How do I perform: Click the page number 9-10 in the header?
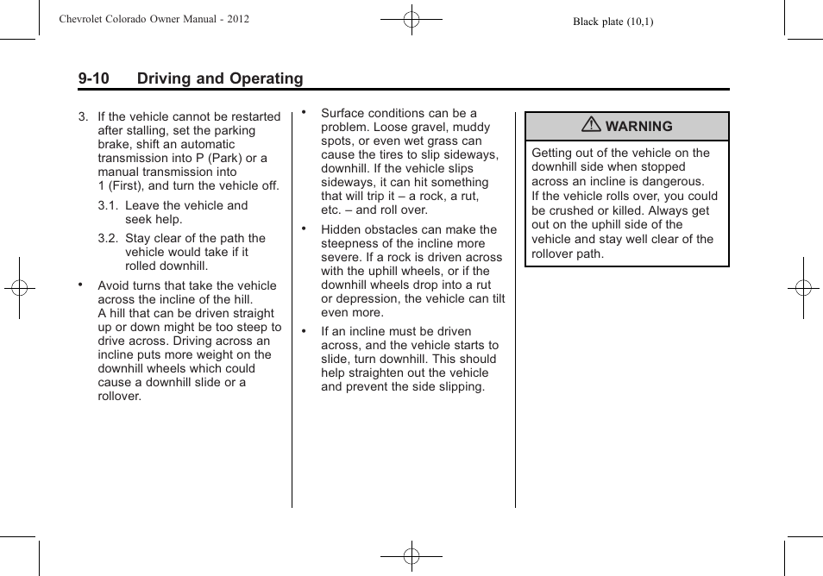coord(93,78)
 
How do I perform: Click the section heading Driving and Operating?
coord(220,78)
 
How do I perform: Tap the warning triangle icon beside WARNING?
coord(591,126)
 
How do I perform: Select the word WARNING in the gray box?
coord(638,127)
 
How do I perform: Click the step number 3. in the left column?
coord(84,116)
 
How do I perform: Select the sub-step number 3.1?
coord(108,205)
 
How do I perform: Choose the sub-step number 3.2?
coord(108,238)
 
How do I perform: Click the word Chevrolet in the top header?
coord(85,18)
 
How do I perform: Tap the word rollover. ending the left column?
coord(119,397)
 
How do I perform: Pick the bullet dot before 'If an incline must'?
coord(304,331)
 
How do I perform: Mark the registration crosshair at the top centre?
coord(411,18)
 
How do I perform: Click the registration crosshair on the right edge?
coord(803,288)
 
